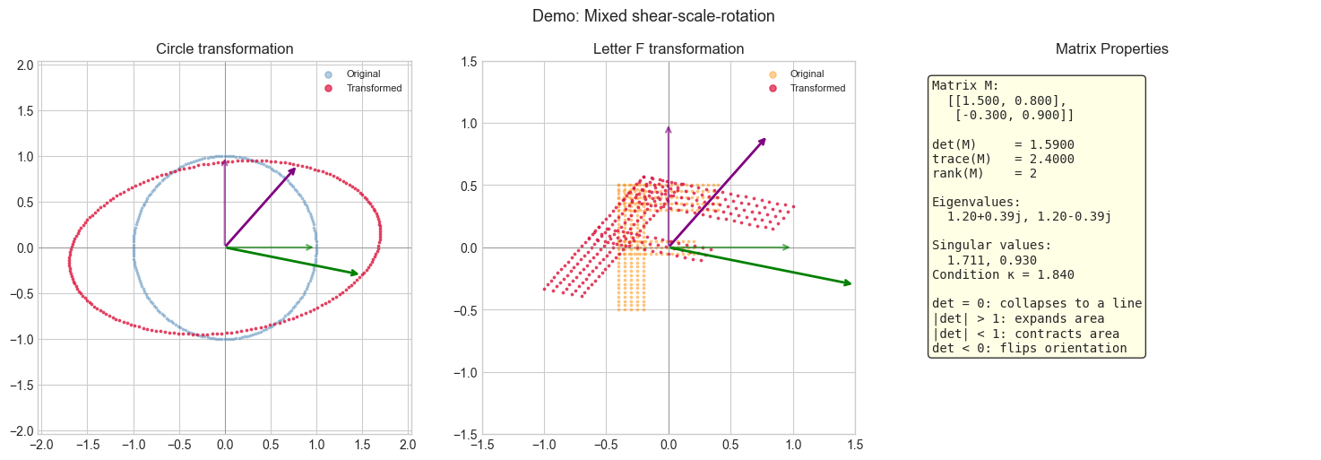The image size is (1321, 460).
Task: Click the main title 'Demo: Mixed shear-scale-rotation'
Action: (x=652, y=16)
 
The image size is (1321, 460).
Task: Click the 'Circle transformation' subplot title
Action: (x=224, y=48)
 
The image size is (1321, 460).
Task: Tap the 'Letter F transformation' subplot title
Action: (x=668, y=48)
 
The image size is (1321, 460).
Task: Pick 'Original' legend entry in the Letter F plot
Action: (x=807, y=74)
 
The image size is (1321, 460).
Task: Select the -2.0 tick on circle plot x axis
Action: (x=40, y=445)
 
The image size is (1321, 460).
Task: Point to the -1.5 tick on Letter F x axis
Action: (x=482, y=445)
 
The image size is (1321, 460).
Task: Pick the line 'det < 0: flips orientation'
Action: (x=1029, y=348)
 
